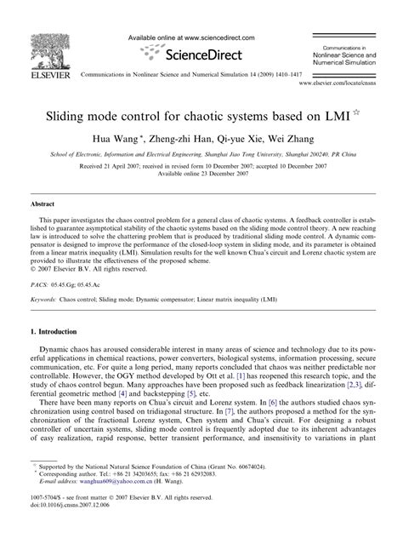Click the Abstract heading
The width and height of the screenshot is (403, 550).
coord(43,205)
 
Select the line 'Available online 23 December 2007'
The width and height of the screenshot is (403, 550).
coord(201,174)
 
